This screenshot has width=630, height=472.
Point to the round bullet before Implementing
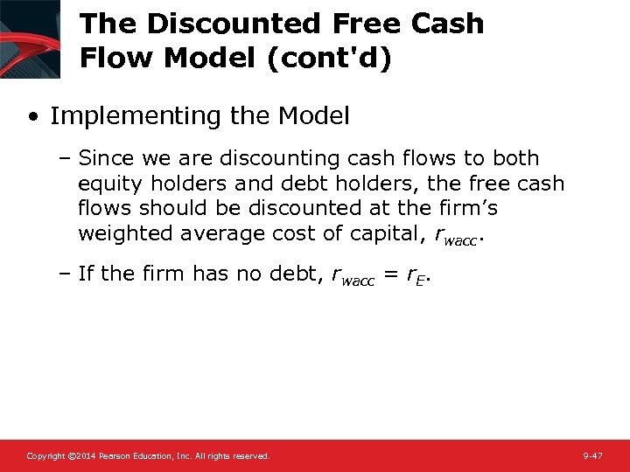[x=32, y=116]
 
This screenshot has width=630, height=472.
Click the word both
[x=515, y=159]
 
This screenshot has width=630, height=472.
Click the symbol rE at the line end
[x=418, y=274]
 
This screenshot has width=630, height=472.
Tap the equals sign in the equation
[x=391, y=274]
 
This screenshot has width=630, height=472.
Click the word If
[x=86, y=274]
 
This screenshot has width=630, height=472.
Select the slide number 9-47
[x=592, y=456]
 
